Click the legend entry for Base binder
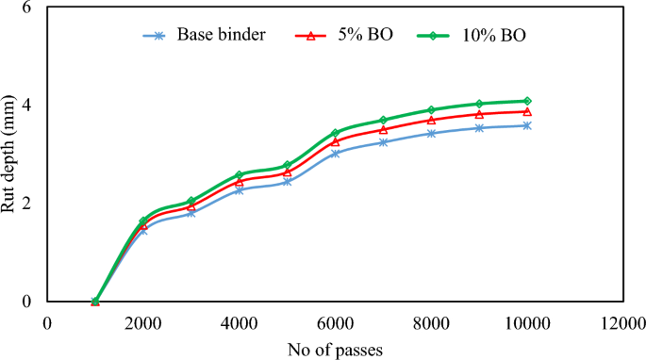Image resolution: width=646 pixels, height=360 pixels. tap(218, 36)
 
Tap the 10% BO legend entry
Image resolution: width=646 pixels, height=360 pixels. tap(496, 36)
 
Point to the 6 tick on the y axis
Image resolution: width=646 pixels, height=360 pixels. tap(25, 8)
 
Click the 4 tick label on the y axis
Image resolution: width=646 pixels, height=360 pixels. tap(25, 105)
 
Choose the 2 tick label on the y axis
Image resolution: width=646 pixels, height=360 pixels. tap(25, 203)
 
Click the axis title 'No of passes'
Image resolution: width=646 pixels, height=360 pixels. tap(335, 348)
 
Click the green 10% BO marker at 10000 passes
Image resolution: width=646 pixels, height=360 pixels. tap(527, 101)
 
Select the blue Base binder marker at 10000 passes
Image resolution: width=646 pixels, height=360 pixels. tap(527, 125)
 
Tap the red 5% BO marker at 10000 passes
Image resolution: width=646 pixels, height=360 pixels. tap(527, 111)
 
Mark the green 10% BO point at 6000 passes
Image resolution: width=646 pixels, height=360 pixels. tap(335, 133)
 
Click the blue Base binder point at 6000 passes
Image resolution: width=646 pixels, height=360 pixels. tap(335, 153)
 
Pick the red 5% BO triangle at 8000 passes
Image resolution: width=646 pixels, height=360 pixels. tap(431, 120)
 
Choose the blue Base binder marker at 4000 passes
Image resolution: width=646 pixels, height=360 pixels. tap(240, 189)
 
